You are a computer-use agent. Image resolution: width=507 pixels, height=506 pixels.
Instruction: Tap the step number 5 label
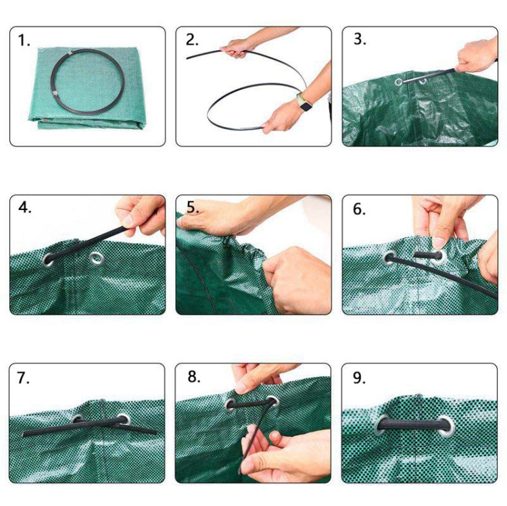click(193, 208)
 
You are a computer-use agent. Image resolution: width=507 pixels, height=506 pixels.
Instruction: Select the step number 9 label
click(359, 378)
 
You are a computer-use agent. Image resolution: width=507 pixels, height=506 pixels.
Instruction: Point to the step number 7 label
click(24, 378)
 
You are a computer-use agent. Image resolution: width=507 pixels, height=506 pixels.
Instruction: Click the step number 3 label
click(359, 39)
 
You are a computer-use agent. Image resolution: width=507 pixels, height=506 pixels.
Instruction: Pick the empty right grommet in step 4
click(97, 257)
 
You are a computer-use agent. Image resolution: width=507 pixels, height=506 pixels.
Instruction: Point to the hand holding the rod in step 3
click(477, 56)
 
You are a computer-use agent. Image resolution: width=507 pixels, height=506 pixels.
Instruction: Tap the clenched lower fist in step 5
click(295, 277)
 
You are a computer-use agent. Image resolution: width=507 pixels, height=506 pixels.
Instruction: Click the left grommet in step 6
click(391, 257)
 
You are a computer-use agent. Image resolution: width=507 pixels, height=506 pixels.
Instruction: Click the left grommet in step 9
click(382, 424)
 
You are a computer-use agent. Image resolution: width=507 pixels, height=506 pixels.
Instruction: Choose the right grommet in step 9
click(447, 424)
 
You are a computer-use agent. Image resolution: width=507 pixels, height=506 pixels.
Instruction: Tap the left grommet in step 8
click(231, 405)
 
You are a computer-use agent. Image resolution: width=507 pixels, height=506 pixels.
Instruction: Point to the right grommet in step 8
click(272, 401)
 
